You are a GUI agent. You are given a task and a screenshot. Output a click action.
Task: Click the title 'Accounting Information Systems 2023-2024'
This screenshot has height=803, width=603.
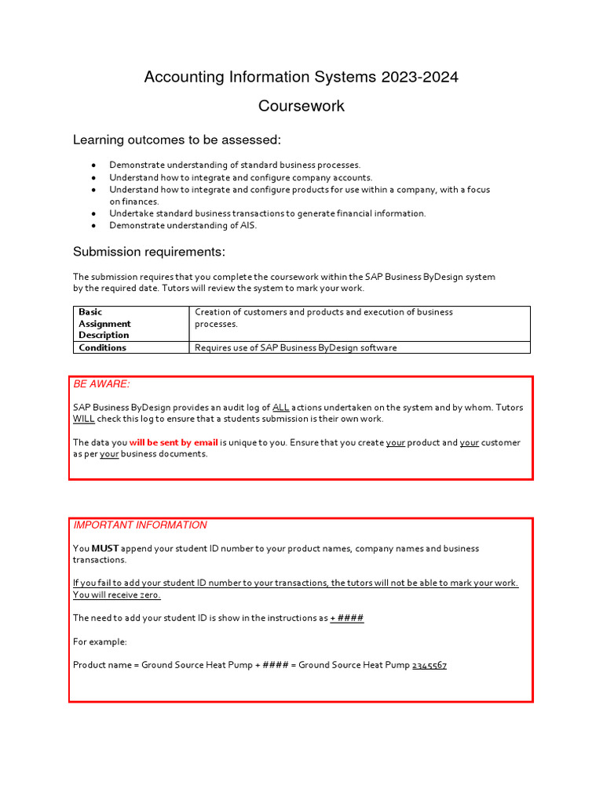point(301,77)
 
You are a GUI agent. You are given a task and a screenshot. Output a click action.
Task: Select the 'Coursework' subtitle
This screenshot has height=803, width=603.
point(301,106)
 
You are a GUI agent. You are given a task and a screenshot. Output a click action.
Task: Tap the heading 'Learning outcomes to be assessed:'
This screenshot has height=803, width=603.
point(177,140)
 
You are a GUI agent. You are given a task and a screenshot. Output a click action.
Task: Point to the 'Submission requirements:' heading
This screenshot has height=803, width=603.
point(149,252)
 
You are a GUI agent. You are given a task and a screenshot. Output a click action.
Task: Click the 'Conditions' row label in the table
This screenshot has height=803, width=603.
point(102,347)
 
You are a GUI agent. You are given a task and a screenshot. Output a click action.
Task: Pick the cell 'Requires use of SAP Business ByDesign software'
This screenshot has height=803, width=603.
point(295,347)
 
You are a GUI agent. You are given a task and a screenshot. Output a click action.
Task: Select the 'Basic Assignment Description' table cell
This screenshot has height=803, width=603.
point(104,323)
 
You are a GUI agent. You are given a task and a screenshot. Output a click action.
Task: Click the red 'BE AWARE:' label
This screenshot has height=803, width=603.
point(101,384)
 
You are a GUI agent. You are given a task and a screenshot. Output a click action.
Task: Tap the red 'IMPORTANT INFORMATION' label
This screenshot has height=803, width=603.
point(140,525)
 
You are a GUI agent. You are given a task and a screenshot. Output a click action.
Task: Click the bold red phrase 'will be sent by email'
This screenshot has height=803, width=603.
point(174,442)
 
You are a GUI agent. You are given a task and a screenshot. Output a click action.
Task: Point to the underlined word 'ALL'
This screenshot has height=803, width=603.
point(281,408)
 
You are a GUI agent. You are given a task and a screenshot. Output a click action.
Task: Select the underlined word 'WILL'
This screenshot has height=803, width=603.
point(83,419)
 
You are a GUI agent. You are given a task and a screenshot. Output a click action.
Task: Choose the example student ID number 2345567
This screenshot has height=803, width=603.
point(429,665)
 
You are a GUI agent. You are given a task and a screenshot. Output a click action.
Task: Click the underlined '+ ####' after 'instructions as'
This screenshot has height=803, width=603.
point(347,618)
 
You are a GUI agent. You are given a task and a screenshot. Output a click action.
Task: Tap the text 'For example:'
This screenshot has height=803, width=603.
point(100,641)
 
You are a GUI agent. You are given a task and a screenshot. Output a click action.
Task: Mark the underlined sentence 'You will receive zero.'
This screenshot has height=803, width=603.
point(116,594)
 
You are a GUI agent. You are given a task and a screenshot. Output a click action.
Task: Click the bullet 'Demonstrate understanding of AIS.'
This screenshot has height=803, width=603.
point(183,225)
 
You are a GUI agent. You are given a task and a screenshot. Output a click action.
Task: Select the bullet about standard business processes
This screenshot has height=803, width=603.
point(235,165)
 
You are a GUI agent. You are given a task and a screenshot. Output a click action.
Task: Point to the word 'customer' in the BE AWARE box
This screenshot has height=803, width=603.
point(501,442)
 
